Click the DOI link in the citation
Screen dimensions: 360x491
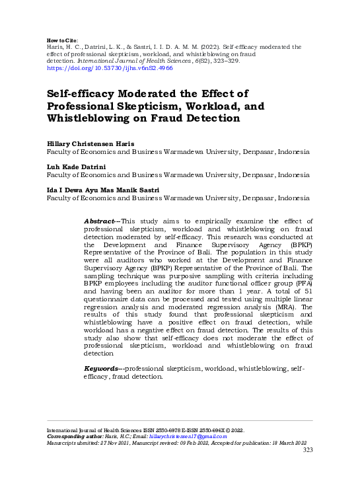[x=110, y=68]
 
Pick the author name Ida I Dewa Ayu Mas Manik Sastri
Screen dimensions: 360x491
[x=103, y=190]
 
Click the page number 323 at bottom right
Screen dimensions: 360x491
[x=307, y=450]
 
